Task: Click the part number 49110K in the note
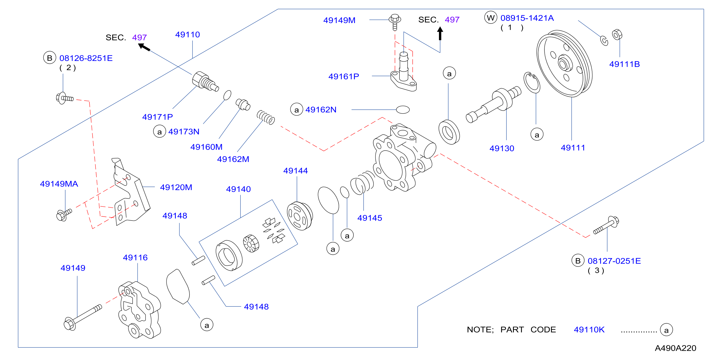tap(589, 330)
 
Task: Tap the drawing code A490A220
tap(675, 348)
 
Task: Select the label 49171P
tap(157, 117)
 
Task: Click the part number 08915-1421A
tap(527, 18)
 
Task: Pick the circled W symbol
tap(491, 18)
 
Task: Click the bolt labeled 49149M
tap(395, 22)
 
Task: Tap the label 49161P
tap(344, 76)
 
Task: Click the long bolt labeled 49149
tap(83, 317)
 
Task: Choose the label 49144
tap(295, 171)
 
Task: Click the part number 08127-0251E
tap(614, 261)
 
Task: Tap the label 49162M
tap(233, 159)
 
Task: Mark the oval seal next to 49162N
tap(403, 109)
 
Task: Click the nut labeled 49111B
tap(617, 35)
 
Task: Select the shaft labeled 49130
tap(493, 104)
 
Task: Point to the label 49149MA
tap(59, 184)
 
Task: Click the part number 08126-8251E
tap(86, 58)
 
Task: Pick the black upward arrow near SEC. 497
tap(440, 33)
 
